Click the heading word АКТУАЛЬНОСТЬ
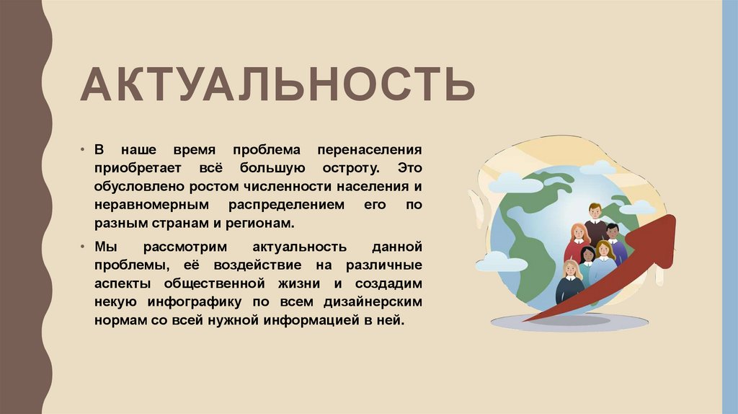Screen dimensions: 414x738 click(277, 84)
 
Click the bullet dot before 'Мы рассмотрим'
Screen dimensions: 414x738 click(84, 247)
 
